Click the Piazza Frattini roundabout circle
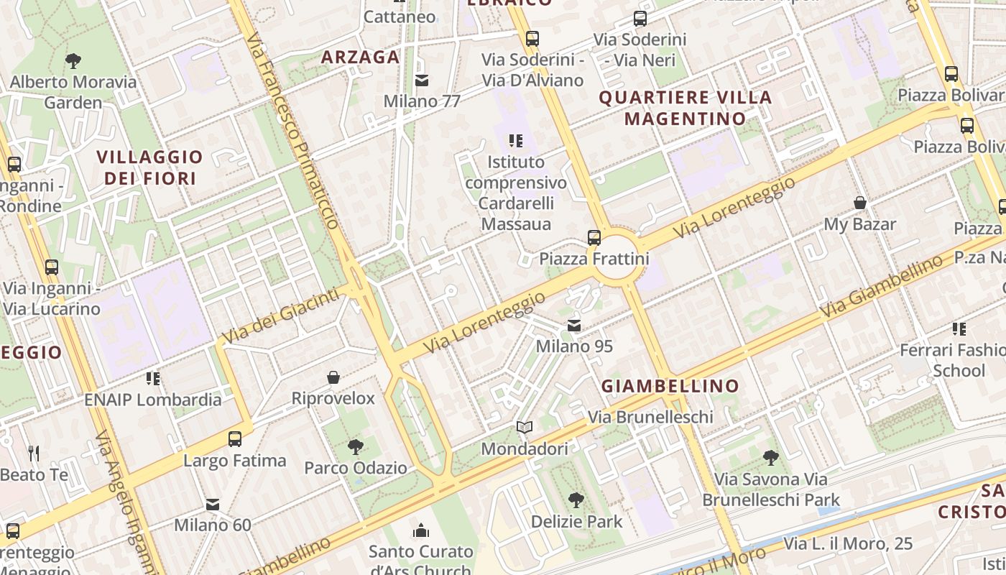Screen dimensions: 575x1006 619,263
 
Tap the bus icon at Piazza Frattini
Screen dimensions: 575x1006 594,237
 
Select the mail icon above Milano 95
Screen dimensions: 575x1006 574,326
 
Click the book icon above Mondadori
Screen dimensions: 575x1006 525,428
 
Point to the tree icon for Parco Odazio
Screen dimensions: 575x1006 355,447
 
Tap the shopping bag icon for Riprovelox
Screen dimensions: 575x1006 333,377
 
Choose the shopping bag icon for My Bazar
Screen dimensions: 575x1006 859,203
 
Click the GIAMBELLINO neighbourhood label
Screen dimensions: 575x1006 670,386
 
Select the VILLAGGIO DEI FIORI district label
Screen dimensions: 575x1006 150,167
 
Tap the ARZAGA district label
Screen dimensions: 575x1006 360,57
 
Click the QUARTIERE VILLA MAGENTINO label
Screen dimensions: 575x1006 686,108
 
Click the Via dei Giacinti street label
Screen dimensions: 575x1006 280,316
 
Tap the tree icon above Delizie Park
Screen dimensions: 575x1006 576,500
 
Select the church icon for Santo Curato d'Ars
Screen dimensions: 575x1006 421,531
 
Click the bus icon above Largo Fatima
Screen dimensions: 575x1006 235,439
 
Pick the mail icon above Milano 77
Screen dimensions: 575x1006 422,80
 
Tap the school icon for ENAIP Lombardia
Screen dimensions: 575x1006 152,378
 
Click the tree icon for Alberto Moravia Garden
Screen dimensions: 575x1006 73,61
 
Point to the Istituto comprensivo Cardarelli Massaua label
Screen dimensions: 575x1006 516,193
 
